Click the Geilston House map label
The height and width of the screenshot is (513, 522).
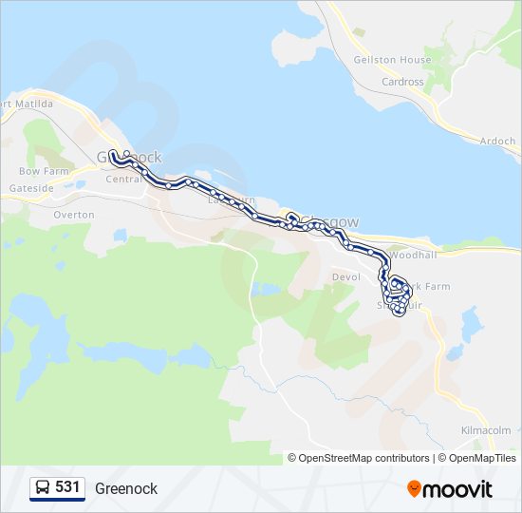(392, 60)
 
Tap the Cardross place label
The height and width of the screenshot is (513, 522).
(402, 82)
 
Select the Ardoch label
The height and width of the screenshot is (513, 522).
(497, 142)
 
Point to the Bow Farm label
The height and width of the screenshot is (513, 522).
(44, 171)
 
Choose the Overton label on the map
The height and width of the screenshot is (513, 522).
(74, 215)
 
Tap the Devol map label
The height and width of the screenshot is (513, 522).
(342, 277)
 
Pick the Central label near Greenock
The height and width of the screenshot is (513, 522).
(123, 179)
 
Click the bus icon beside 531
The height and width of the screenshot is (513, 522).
(43, 487)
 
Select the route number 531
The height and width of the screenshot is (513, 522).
(67, 487)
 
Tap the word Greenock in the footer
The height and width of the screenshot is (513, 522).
(126, 488)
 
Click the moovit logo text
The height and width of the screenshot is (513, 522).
(458, 489)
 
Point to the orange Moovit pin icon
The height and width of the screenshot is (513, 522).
(414, 489)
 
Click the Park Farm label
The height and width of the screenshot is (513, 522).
(425, 287)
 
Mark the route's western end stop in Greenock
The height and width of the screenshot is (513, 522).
(113, 153)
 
